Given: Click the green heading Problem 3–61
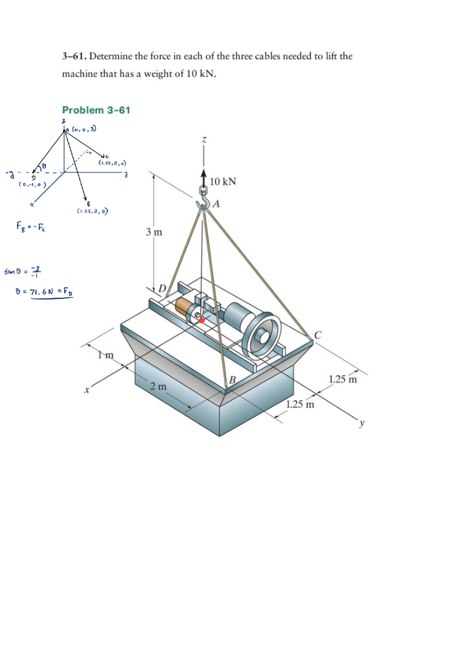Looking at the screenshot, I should click(x=96, y=110).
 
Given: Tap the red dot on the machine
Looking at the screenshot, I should click(x=202, y=320).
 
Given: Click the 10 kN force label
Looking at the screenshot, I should click(x=223, y=181).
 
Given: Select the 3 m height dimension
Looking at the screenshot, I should click(x=154, y=232).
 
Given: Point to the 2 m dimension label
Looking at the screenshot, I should click(x=158, y=386).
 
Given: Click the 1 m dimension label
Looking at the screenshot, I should click(x=105, y=355).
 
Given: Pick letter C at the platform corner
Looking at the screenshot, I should click(x=318, y=335).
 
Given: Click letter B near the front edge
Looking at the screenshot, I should click(x=232, y=380).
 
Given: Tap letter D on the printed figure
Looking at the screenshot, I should click(x=162, y=288).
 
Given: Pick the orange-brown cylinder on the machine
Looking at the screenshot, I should click(x=184, y=307).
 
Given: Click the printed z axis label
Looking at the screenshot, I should click(x=204, y=140).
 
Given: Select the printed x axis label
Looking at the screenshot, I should click(x=87, y=390).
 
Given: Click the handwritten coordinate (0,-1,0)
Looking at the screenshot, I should click(x=32, y=184).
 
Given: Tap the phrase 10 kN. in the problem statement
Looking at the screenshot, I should click(x=201, y=74).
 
